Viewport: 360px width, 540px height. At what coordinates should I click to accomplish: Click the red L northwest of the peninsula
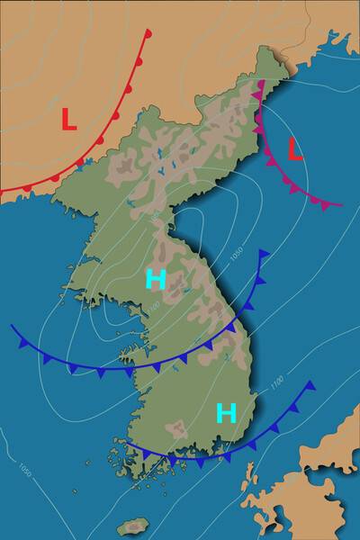[x=68, y=118]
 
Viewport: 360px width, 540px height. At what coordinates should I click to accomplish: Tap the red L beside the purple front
[x=294, y=149]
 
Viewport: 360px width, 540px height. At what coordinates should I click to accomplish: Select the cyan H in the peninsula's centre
[x=156, y=279]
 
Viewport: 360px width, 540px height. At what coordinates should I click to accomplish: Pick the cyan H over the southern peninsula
[x=226, y=413]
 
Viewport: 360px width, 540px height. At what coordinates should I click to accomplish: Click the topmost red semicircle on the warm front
[x=148, y=34]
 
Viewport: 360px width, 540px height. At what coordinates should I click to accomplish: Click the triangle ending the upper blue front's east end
[x=263, y=256]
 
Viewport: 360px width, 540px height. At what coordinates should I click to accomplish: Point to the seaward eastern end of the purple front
[x=342, y=204]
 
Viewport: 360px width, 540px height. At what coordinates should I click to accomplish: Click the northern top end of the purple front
[x=261, y=81]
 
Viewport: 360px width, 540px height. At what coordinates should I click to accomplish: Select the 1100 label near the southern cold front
[x=275, y=385]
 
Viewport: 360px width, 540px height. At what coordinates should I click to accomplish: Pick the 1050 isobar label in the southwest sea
[x=25, y=469]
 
